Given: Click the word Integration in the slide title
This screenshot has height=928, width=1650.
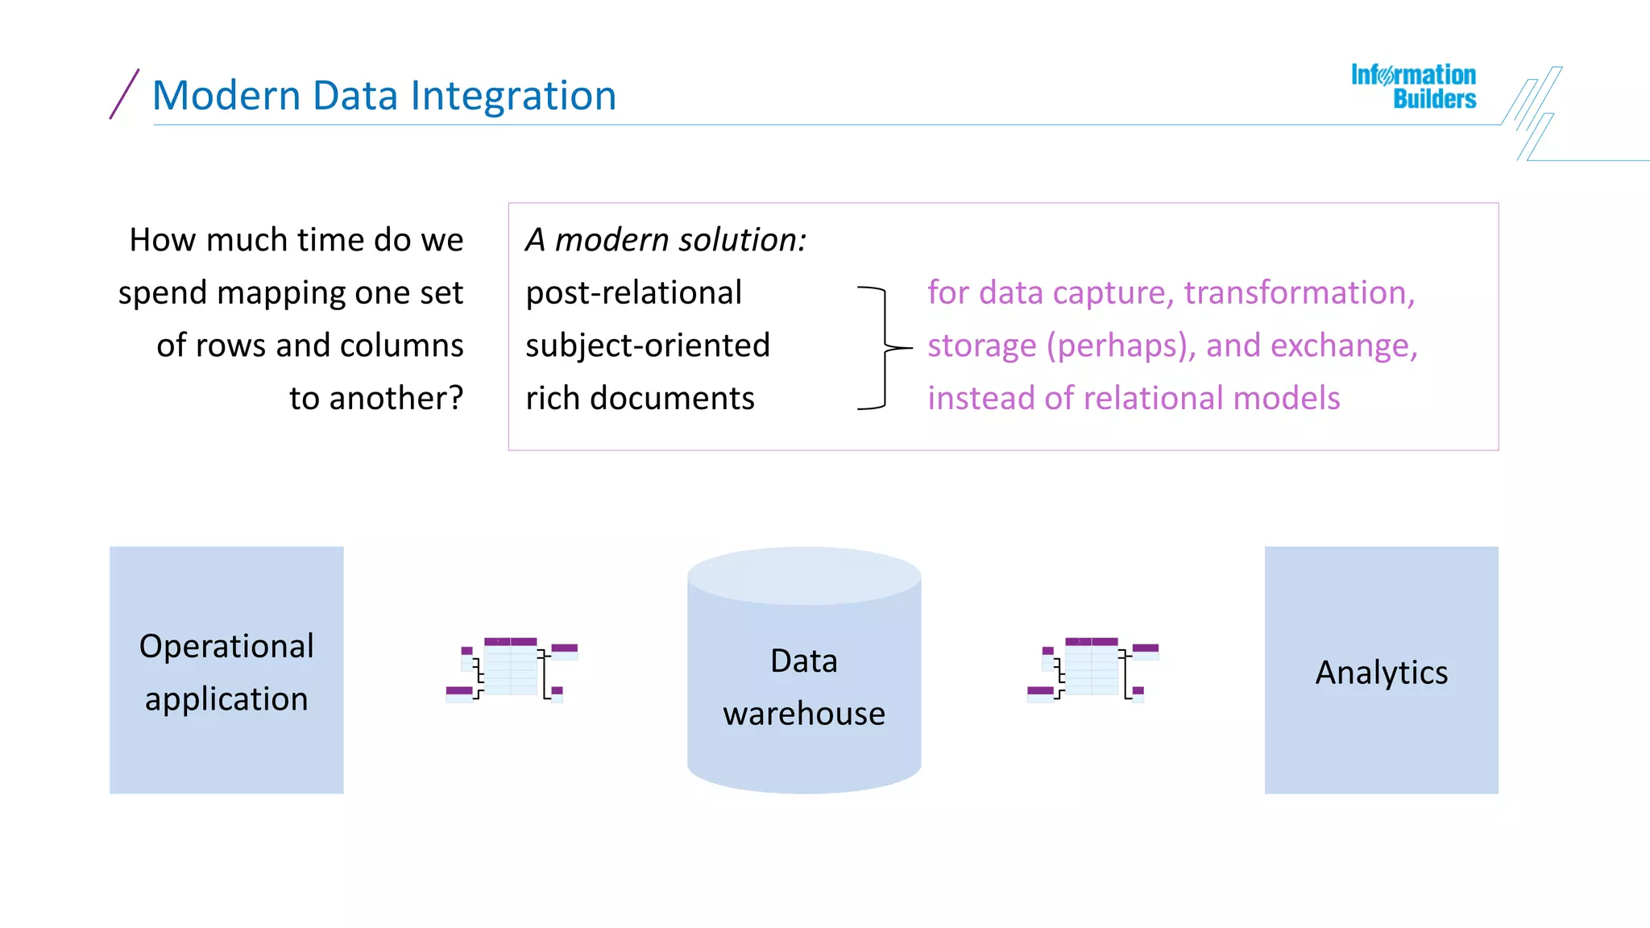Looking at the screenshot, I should click(513, 96).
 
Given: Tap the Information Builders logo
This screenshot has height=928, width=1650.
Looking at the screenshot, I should click(1414, 86).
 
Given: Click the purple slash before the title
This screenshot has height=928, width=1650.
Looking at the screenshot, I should click(124, 94).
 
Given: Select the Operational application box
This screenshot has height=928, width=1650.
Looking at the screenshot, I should click(226, 670).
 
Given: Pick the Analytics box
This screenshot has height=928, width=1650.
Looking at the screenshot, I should click(1381, 670).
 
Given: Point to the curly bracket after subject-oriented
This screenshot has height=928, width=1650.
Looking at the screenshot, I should click(885, 348).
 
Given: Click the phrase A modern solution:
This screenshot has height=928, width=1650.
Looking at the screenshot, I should click(665, 240).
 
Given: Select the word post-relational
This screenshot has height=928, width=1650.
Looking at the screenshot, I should click(633, 293).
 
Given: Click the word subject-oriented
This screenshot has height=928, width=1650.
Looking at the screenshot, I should click(648, 346).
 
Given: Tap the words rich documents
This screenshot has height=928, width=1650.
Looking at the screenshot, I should click(640, 399).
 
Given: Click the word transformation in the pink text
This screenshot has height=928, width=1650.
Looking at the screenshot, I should click(1298, 293).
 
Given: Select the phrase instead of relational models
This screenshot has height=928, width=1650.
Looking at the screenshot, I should click(1134, 399).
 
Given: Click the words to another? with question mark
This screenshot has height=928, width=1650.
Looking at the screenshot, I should click(376, 399).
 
